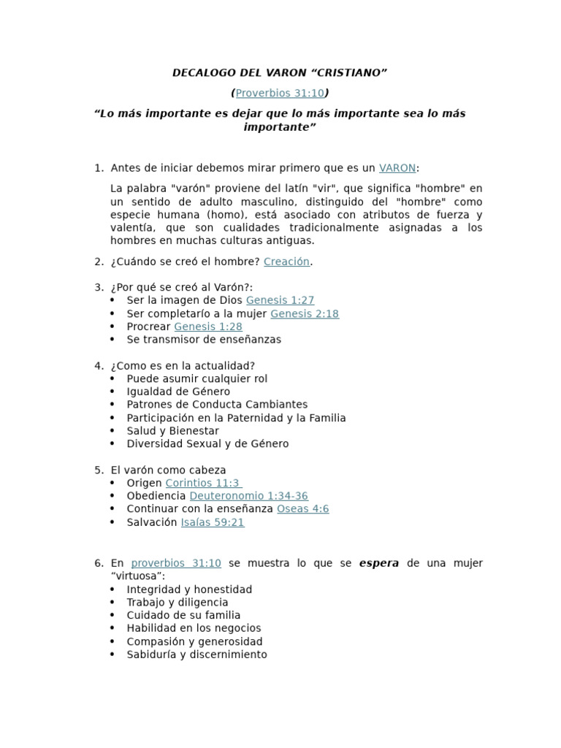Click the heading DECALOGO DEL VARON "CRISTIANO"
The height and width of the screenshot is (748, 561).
tap(280, 72)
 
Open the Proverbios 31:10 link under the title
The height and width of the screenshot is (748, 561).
tap(280, 93)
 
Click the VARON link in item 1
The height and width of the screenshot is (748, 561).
tap(397, 168)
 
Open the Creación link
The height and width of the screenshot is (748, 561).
tap(286, 262)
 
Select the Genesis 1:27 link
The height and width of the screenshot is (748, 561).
tap(280, 300)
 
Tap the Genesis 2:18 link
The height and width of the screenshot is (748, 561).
tap(304, 313)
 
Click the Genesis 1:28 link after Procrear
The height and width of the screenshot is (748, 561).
tap(207, 327)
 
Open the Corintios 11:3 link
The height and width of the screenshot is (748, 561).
tap(204, 483)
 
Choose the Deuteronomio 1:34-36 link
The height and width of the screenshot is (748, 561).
tap(248, 496)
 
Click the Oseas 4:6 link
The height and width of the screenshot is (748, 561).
tap(302, 509)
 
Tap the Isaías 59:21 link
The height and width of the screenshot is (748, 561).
tap(212, 522)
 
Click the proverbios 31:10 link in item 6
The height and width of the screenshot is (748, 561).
tap(175, 563)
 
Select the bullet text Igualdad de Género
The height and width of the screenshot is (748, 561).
tap(178, 392)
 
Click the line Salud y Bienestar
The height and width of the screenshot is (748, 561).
tap(172, 431)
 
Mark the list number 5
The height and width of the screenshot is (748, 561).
tap(98, 470)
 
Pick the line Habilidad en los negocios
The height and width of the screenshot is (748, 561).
tap(194, 628)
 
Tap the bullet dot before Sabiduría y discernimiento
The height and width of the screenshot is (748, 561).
tap(112, 654)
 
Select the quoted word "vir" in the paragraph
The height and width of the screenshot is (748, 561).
tap(326, 188)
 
